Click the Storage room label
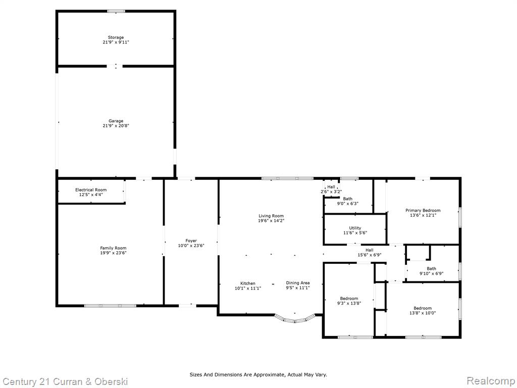[116, 37]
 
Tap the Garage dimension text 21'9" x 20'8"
[116, 126]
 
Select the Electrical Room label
[91, 190]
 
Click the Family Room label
[114, 248]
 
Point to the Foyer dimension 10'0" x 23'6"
[191, 246]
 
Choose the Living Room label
[271, 216]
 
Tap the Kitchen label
[247, 283]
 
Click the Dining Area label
[298, 283]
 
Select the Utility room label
[355, 228]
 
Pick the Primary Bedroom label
[423, 210]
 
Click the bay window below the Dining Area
[295, 320]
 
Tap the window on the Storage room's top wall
[116, 11]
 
